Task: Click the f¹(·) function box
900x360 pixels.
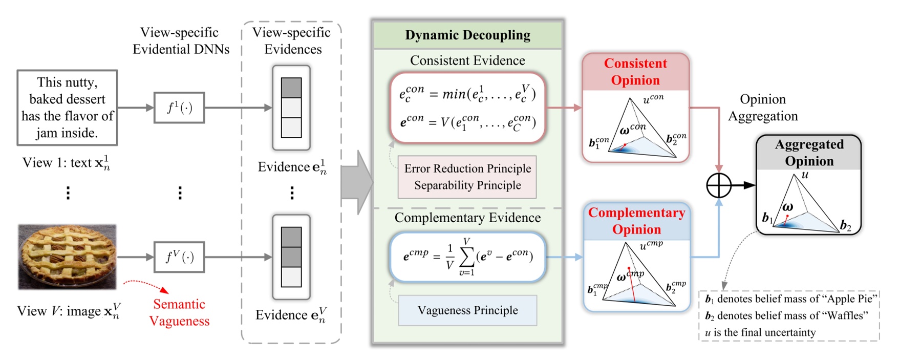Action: (179, 108)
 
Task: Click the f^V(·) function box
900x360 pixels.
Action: (179, 257)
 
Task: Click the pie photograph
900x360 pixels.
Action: (68, 257)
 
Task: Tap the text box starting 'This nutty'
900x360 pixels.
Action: (67, 108)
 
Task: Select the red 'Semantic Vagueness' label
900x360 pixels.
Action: (179, 312)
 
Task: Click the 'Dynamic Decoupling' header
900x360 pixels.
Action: (467, 35)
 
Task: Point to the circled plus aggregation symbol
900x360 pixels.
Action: (719, 185)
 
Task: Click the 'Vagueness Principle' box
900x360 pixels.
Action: (467, 310)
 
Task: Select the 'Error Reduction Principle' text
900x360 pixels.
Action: (467, 168)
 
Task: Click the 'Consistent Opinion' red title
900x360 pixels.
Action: (635, 72)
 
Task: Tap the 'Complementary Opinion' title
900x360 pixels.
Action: (636, 221)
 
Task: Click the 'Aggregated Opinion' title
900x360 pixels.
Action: (809, 153)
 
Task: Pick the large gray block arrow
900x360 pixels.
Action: (357, 182)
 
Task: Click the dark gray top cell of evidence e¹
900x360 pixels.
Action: (291, 88)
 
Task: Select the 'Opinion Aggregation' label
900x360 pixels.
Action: (763, 108)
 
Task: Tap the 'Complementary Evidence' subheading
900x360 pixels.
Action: (467, 218)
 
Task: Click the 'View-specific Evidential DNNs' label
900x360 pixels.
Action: (180, 41)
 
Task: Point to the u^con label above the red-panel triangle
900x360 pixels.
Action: (653, 98)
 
